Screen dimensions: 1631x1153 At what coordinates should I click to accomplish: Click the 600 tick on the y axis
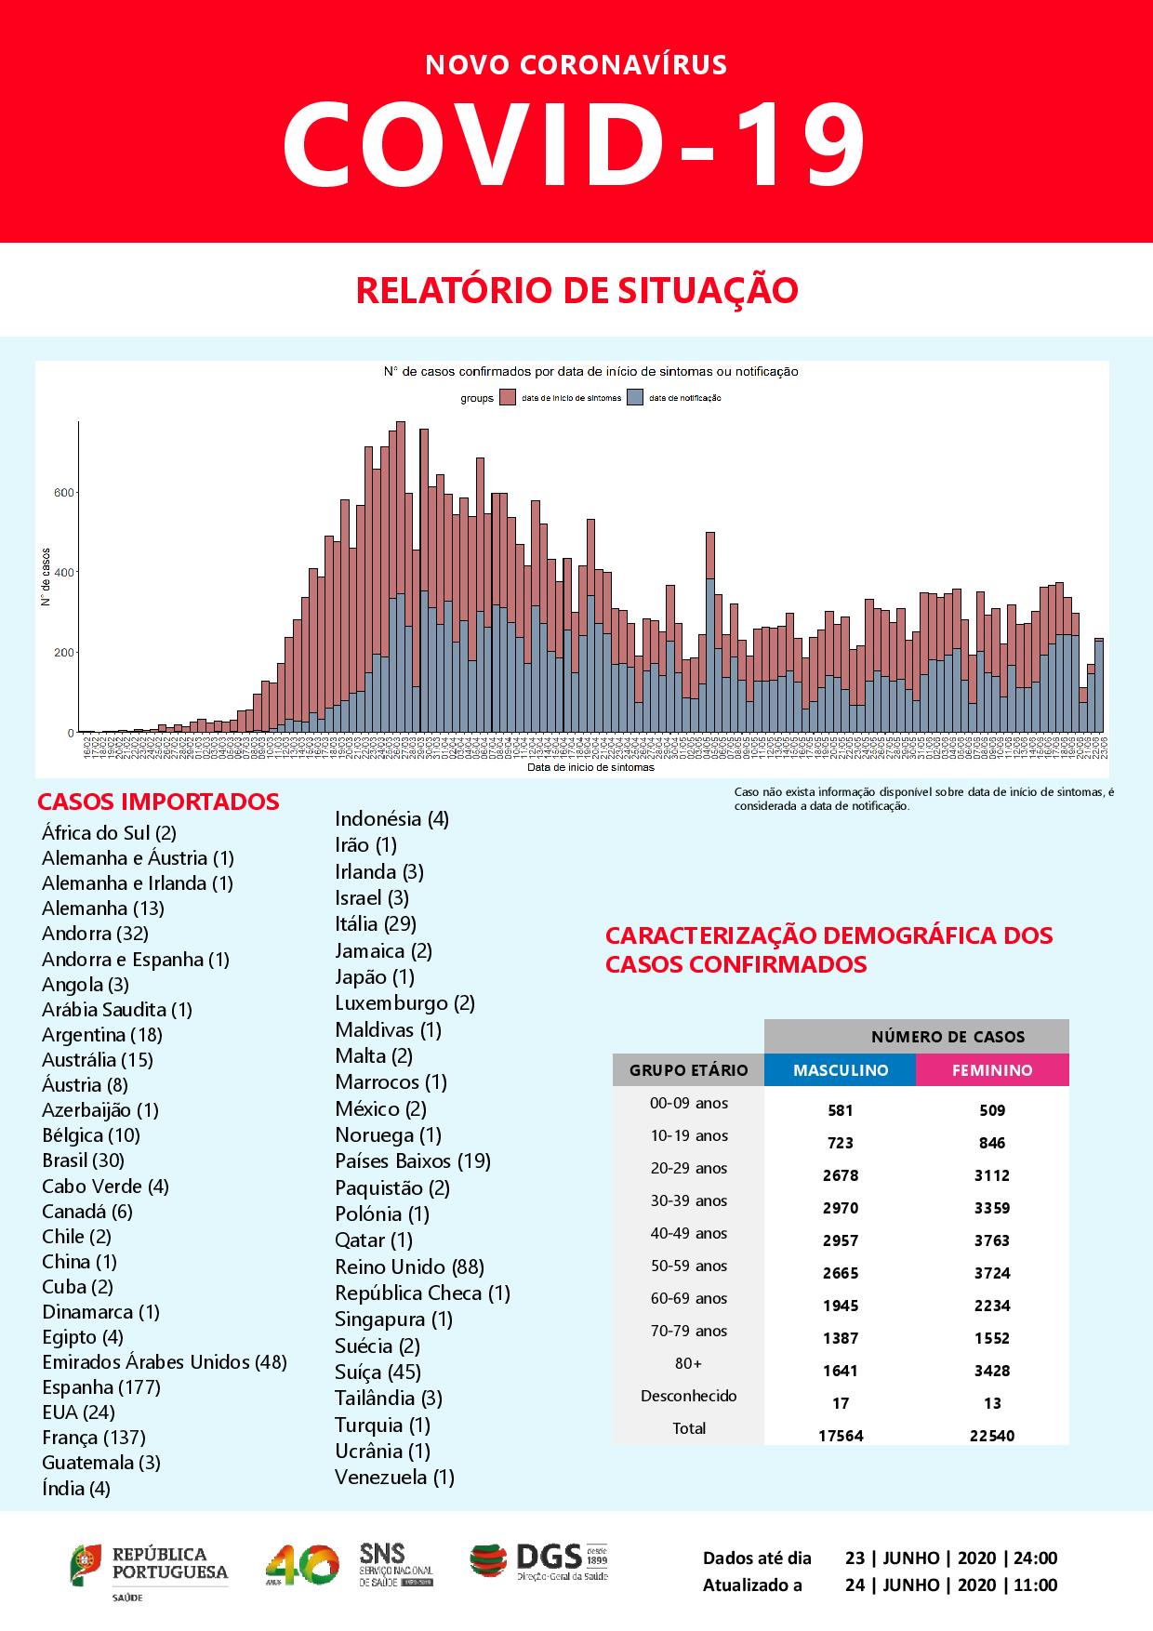point(64,492)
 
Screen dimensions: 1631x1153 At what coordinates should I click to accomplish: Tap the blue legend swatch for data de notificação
point(636,398)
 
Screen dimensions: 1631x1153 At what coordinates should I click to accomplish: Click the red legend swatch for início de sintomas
point(508,398)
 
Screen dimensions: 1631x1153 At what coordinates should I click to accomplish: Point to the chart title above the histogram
point(590,371)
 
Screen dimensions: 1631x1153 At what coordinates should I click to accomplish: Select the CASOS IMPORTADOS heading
point(158,802)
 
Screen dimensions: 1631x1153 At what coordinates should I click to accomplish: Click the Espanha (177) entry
point(101,1387)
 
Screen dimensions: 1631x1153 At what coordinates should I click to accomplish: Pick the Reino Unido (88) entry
point(409,1266)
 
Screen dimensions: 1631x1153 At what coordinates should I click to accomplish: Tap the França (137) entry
point(94,1438)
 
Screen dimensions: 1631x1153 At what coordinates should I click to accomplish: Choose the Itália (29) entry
point(376,923)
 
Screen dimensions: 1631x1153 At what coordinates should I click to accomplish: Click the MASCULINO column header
point(841,1070)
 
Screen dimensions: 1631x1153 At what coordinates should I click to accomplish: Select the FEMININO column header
point(992,1070)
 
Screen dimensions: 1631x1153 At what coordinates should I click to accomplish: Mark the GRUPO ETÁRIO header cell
point(689,1070)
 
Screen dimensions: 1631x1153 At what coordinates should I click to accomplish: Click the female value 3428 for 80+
point(992,1371)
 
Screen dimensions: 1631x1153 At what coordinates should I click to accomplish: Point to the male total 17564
point(841,1436)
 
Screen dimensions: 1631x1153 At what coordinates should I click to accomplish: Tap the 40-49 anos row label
point(689,1234)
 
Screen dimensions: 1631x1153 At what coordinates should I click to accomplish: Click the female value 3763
point(992,1240)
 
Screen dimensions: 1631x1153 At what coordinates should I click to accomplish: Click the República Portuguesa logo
point(149,1568)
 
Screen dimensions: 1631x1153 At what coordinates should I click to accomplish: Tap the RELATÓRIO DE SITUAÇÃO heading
point(576,290)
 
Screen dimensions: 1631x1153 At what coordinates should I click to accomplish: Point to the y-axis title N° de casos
point(45,577)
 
